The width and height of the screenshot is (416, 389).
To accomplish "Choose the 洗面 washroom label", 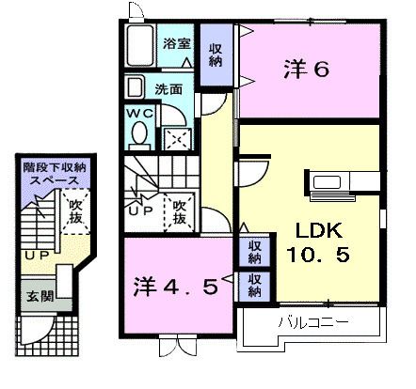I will point(169,91).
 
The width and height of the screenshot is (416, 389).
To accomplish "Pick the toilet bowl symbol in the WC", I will point(140,134).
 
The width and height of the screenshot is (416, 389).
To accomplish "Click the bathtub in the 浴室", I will point(143,43).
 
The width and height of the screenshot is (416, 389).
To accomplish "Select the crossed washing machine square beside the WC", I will point(176,139).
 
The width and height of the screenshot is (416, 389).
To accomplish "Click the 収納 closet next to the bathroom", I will point(215,54).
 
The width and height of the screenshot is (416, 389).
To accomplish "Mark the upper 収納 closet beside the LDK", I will point(255,252).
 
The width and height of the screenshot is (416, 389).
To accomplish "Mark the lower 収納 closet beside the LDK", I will point(255,284).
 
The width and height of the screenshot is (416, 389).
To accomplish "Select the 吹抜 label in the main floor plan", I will point(179,210).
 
